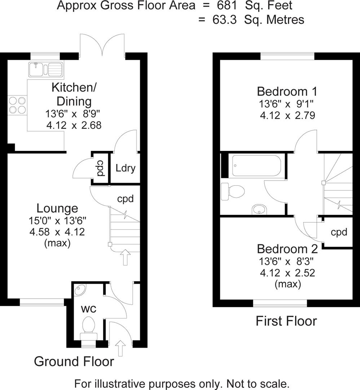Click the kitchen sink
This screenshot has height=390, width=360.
coord(46,69)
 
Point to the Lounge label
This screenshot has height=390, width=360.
coord(57,208)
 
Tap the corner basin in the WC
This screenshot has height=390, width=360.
coord(80,290)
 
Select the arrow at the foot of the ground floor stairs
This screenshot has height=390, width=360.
coord(125,257)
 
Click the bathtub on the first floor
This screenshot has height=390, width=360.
coord(256,165)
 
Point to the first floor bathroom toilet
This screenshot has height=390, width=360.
coord(233,191)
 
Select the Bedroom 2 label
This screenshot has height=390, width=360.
coord(287,249)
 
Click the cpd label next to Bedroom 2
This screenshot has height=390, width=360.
coord(339,232)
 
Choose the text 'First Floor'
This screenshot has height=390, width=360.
coord(286,321)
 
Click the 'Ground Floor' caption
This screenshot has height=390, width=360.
coord(74,361)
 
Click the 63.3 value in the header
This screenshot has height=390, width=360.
coord(227,19)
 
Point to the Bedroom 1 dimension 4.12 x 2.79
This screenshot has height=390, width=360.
coord(287,116)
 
